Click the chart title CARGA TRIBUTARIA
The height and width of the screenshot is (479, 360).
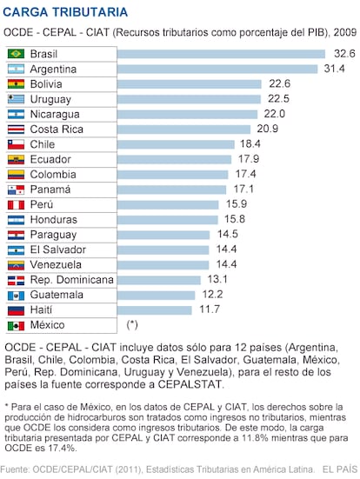[x=65, y=12]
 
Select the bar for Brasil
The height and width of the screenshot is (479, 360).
[x=221, y=54]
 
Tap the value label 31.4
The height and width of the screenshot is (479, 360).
[x=334, y=69]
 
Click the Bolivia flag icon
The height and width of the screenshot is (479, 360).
[x=16, y=84]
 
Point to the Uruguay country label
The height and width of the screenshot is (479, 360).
[x=50, y=99]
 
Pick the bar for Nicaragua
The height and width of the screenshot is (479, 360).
[x=187, y=114]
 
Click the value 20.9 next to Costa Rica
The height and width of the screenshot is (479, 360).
[x=268, y=129]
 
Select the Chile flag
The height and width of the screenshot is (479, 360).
[x=16, y=144]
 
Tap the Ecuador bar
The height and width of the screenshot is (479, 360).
[x=174, y=159]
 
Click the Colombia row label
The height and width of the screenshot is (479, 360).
[x=53, y=175]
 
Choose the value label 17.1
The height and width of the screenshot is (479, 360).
[x=243, y=189]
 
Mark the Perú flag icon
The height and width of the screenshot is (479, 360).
[x=16, y=204]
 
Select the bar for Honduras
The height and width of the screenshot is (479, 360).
[x=168, y=220]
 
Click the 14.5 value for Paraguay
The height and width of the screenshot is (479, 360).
[x=227, y=234]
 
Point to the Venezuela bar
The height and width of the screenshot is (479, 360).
[x=163, y=265]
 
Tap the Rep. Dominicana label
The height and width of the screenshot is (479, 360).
[x=72, y=280]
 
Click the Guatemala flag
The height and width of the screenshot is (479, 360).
[x=16, y=295]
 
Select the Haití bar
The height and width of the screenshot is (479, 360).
[x=154, y=310]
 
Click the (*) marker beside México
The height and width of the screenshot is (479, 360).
[x=132, y=325]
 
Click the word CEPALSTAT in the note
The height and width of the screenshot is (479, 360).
[x=190, y=384]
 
